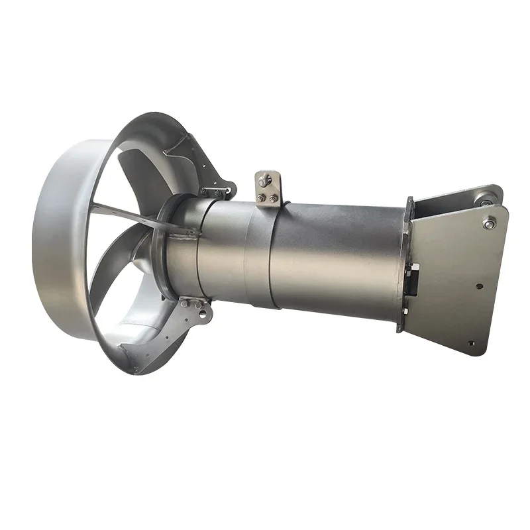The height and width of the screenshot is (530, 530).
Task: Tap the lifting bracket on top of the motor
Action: [267, 189]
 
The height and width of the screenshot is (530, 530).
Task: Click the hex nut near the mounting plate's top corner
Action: [490, 224]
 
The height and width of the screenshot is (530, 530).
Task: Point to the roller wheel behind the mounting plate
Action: [487, 197]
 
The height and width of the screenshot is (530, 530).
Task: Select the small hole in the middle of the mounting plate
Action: [480, 287]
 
